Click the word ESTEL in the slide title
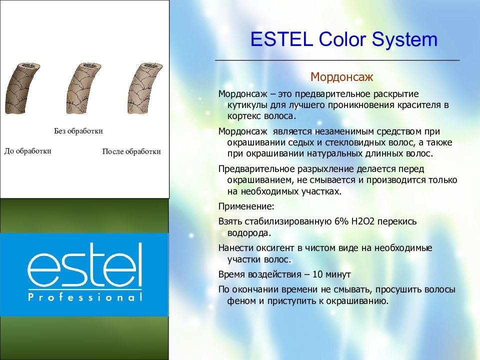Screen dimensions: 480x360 281,39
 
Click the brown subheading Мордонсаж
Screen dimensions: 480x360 341,77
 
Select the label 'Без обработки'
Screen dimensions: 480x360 78,131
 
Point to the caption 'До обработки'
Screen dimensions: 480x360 28,151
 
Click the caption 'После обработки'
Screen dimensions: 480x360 131,151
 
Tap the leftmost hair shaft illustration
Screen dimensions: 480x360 22,88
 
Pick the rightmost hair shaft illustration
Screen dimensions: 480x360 144,88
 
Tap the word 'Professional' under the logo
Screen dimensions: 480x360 85,297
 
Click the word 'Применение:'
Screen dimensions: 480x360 246,206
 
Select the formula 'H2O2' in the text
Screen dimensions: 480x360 363,221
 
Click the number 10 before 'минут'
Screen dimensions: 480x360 317,274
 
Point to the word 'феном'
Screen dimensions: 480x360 241,301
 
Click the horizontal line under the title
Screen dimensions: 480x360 337,60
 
